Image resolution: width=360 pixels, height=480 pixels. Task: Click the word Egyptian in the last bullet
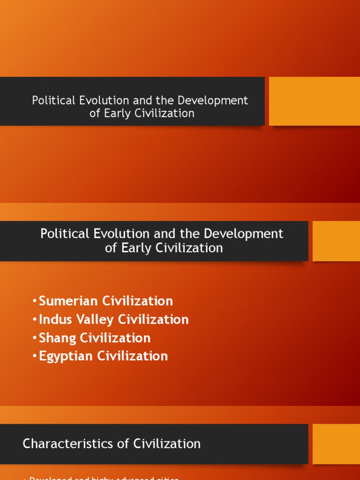(x=66, y=356)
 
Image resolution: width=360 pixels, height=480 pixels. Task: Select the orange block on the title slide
(x=314, y=101)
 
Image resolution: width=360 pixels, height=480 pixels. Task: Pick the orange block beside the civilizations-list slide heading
(x=336, y=241)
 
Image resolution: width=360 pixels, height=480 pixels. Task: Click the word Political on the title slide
(x=53, y=100)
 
